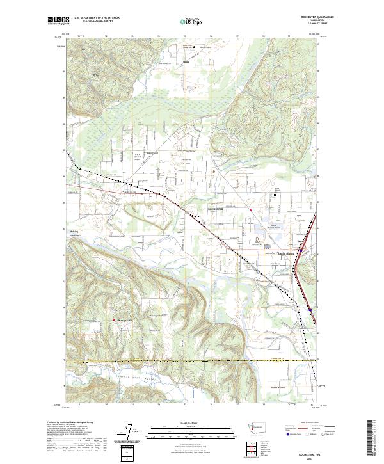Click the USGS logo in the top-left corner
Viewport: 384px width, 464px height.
58,21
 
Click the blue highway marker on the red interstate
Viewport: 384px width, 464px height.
310,309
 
